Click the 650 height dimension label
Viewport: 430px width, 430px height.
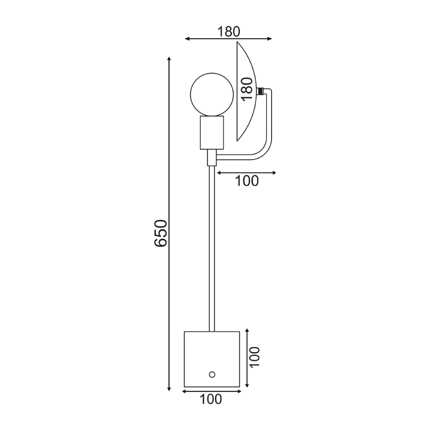(161, 233)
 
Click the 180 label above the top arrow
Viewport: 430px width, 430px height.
(228, 32)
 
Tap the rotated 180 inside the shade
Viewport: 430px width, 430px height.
(247, 89)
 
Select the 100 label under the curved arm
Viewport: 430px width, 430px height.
(247, 181)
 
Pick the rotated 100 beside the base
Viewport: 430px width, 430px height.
(254, 356)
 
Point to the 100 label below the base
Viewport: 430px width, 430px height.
(211, 399)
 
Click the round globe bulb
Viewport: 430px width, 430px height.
(212, 95)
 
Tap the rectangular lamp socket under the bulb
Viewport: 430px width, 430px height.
(212, 132)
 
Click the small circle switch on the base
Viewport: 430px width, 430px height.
(212, 374)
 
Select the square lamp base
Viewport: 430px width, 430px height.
(212, 359)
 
